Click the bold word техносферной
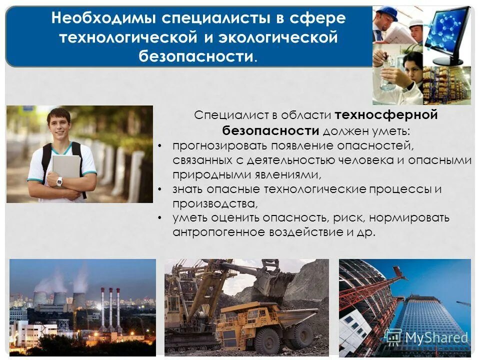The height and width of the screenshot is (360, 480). (386, 115)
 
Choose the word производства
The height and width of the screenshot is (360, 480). (215, 203)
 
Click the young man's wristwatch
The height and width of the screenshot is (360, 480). (59, 181)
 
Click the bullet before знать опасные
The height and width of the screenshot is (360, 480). (159, 189)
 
